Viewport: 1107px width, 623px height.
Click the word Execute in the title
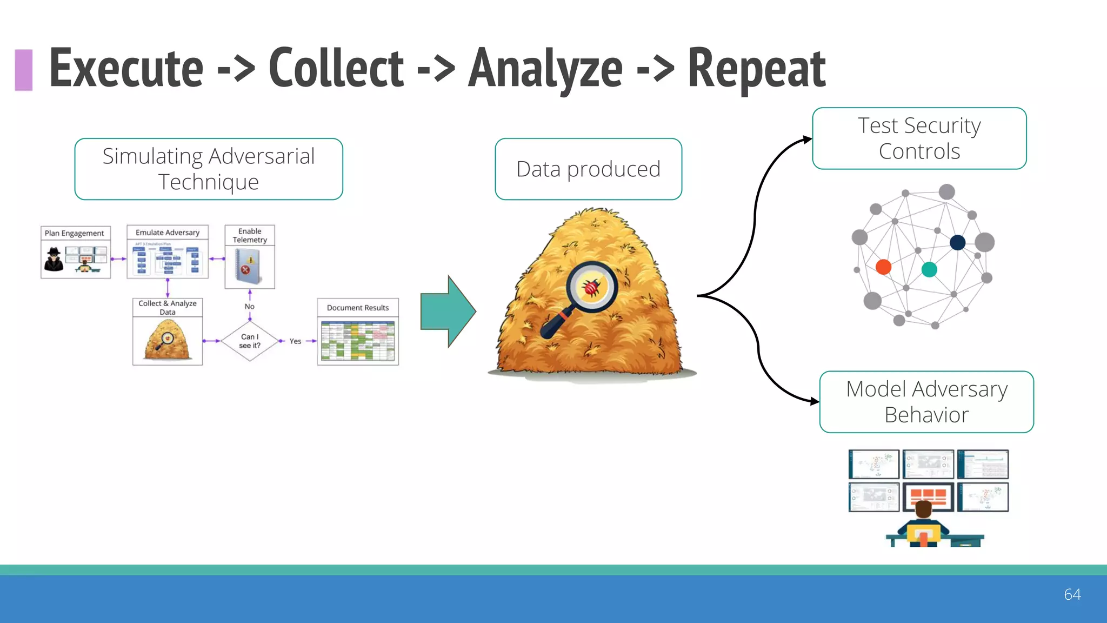126,69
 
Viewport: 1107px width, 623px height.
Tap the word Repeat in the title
756,69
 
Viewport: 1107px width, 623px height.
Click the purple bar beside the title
23,70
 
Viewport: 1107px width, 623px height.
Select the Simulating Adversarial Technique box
209,169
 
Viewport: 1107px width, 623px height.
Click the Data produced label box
588,169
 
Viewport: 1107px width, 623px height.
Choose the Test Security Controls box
919,138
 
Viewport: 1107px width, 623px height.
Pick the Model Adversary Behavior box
926,402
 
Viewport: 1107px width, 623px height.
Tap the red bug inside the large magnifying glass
591,287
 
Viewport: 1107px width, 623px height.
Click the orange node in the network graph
883,267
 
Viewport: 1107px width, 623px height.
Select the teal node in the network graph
929,269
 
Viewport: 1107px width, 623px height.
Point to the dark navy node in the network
957,242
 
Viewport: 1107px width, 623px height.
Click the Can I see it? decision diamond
250,341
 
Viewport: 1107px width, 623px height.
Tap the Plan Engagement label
75,233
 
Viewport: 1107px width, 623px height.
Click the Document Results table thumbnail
358,341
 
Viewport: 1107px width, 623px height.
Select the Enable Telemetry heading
250,235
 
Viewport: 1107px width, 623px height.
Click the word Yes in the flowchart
295,341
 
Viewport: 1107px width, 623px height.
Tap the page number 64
1072,594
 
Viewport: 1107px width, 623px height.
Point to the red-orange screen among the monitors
928,495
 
